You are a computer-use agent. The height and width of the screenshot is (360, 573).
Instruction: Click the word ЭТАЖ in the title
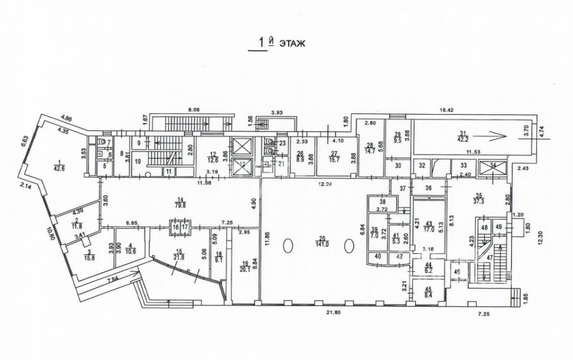(293, 43)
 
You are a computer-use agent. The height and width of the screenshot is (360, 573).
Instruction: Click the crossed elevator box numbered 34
(493, 167)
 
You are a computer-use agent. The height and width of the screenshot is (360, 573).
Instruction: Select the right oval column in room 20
(348, 245)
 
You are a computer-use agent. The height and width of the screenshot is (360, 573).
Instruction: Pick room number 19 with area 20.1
(246, 265)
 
